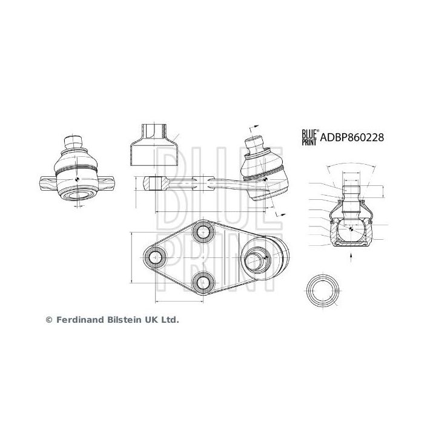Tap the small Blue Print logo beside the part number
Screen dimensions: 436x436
(x=310, y=138)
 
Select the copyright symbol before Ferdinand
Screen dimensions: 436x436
(x=50, y=319)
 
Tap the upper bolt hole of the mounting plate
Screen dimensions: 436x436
(x=201, y=233)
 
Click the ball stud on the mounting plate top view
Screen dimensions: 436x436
(x=254, y=262)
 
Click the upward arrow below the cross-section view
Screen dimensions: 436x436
(x=352, y=256)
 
